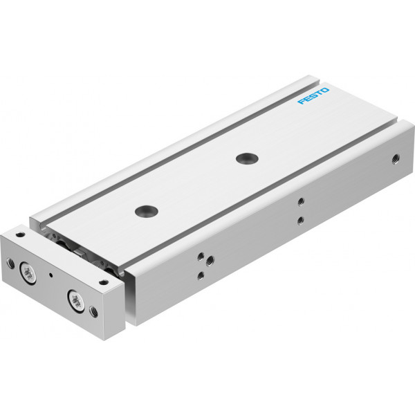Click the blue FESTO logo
coord(313,96)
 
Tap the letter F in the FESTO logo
coord(301,102)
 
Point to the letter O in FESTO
coord(325,91)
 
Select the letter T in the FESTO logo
coord(320,93)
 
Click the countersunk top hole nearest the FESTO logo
coord(247,158)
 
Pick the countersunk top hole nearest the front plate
coord(147,211)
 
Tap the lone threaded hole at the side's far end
coord(396,159)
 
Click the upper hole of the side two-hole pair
coord(300,202)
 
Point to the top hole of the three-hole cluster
coord(201,256)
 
